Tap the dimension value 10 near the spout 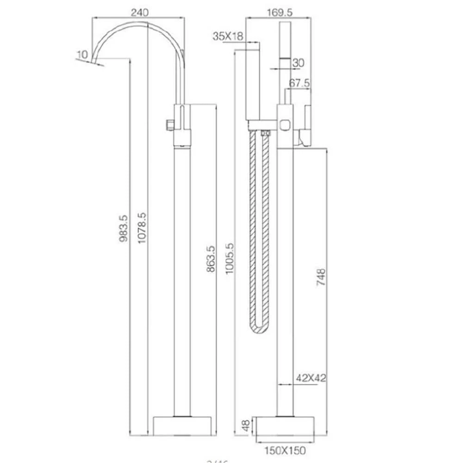(82, 55)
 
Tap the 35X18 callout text (228, 36)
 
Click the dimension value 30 (299, 62)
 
